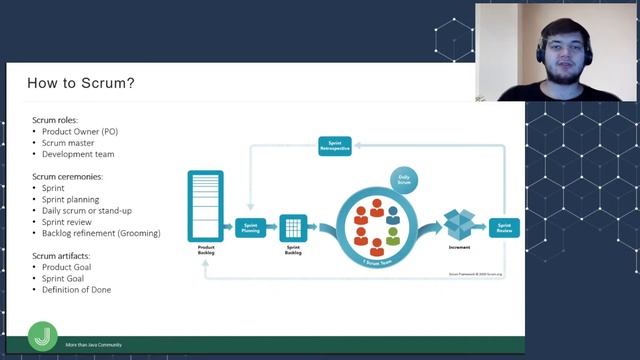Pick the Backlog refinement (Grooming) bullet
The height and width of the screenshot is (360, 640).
(101, 233)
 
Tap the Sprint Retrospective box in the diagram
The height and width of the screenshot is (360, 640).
(335, 147)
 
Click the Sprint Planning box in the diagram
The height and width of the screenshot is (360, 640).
(249, 227)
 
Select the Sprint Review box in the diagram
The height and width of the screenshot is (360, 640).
(505, 227)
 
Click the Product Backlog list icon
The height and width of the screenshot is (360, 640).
(204, 205)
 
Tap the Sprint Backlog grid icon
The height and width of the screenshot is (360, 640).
(293, 227)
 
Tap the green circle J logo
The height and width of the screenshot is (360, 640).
(42, 334)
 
